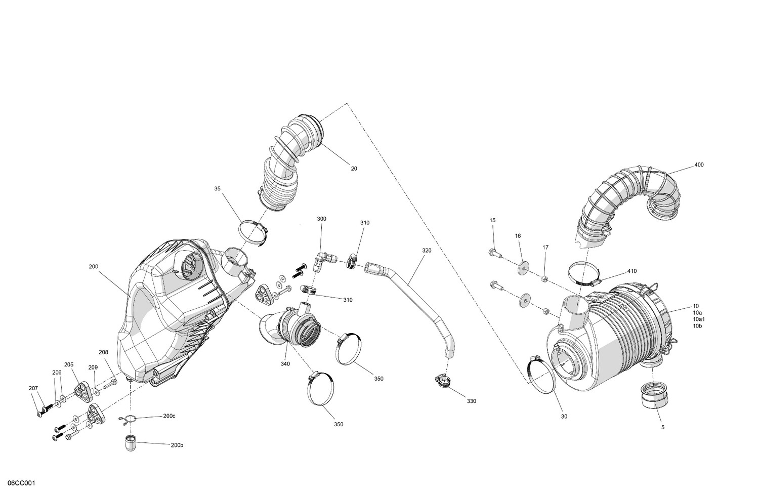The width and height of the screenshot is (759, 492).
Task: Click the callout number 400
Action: tap(699, 165)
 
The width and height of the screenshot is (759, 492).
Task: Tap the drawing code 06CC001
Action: tap(18, 484)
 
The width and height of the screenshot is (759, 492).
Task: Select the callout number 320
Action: tap(427, 250)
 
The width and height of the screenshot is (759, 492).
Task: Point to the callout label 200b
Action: tap(177, 445)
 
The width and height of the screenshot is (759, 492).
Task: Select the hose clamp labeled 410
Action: tap(583, 274)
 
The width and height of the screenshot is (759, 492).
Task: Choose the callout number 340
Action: tap(285, 363)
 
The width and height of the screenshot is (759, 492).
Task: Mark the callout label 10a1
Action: tap(699, 319)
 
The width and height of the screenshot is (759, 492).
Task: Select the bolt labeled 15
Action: tap(494, 252)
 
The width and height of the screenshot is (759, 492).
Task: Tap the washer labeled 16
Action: tap(523, 266)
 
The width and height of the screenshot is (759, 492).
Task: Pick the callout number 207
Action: tap(33, 389)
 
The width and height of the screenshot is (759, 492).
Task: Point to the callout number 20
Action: tap(354, 169)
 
